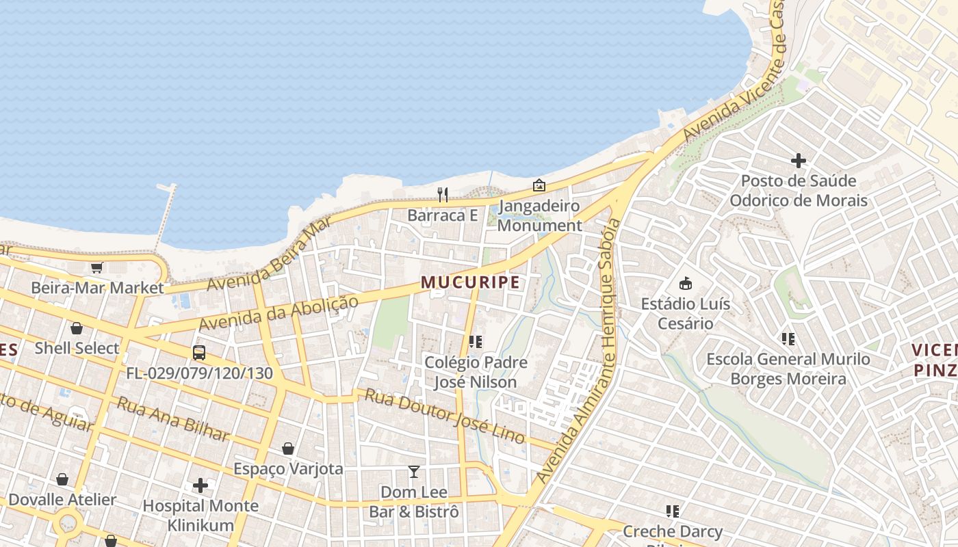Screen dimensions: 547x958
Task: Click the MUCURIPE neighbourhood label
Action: [x=470, y=282]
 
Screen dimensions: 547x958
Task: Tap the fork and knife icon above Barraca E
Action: [x=443, y=195]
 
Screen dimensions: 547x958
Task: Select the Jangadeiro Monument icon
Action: [x=539, y=185]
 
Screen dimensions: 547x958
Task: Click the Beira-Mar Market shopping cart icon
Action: [x=96, y=267]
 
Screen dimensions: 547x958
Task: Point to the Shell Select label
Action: [x=77, y=348]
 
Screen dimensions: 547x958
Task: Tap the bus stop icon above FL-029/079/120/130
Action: [x=199, y=353]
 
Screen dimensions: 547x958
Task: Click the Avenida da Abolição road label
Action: [x=279, y=314]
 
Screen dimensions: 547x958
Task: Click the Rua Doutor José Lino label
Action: [x=444, y=416]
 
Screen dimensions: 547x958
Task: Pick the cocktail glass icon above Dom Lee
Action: [x=414, y=471]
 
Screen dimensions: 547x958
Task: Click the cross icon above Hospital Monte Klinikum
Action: [x=200, y=485]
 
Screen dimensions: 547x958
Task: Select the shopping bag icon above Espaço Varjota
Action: [x=288, y=449]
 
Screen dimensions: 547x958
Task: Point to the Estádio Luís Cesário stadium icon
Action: [x=685, y=283]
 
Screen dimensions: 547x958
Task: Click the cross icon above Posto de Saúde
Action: [x=798, y=161]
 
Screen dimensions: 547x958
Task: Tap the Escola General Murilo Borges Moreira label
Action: [x=788, y=369]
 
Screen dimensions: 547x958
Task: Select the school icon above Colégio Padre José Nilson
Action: [x=475, y=341]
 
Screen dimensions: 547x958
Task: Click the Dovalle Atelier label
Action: [x=62, y=500]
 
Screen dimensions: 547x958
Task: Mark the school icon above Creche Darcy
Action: [x=673, y=511]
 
